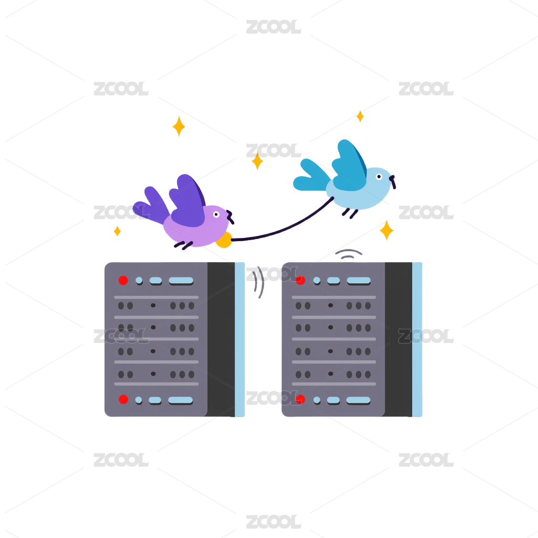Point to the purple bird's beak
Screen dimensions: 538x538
coord(230,215)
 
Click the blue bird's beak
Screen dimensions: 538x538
coord(393,181)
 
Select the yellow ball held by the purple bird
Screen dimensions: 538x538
coord(224,240)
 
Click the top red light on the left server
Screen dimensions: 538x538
coord(123,281)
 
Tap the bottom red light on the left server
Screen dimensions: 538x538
coord(123,400)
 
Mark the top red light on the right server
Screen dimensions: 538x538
coord(301,281)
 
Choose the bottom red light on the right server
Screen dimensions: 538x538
coord(301,400)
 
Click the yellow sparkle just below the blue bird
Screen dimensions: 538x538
coord(387,230)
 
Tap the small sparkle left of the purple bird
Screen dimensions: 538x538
coord(117,231)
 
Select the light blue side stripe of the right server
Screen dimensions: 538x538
coord(417,339)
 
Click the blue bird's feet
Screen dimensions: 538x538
coord(350,212)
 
